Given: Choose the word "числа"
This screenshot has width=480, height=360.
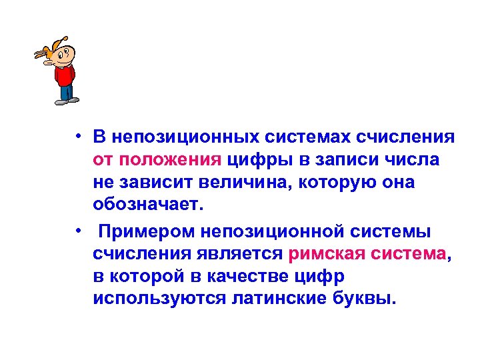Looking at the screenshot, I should tap(412, 160).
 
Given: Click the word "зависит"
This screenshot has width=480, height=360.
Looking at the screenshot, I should tap(148, 183).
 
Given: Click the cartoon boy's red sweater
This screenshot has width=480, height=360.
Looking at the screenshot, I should tap(64, 75).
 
